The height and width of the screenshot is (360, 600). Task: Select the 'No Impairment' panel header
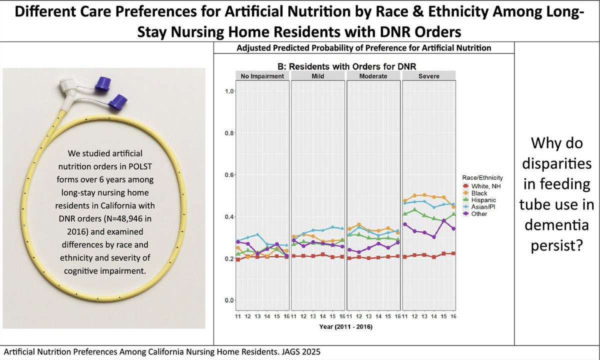coord(262,76)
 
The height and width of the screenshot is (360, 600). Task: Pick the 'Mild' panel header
coord(318,76)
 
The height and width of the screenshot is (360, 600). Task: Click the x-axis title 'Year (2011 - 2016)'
coord(346,327)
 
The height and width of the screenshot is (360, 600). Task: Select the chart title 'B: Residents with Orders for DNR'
coord(346,66)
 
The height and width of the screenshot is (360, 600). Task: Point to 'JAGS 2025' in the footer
coord(300,352)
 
